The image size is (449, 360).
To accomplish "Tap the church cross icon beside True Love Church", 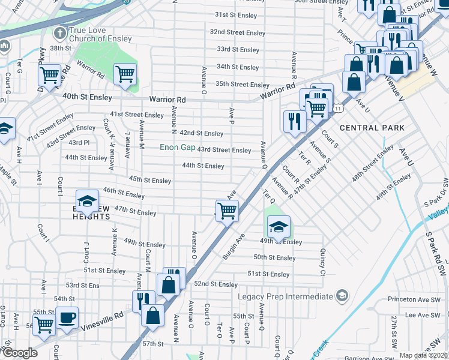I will [x=59, y=31].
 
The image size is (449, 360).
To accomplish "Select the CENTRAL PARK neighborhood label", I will [x=372, y=128].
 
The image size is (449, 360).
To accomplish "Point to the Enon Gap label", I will [x=177, y=148].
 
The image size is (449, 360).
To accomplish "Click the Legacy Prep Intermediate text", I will [x=285, y=296].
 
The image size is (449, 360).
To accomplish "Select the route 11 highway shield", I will [x=339, y=108].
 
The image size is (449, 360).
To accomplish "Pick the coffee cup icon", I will [x=67, y=317].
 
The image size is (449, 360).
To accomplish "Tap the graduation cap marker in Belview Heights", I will [x=87, y=200].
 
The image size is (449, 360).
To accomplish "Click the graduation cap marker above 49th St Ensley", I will [x=278, y=226].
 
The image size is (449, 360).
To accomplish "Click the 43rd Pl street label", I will [x=79, y=143].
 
